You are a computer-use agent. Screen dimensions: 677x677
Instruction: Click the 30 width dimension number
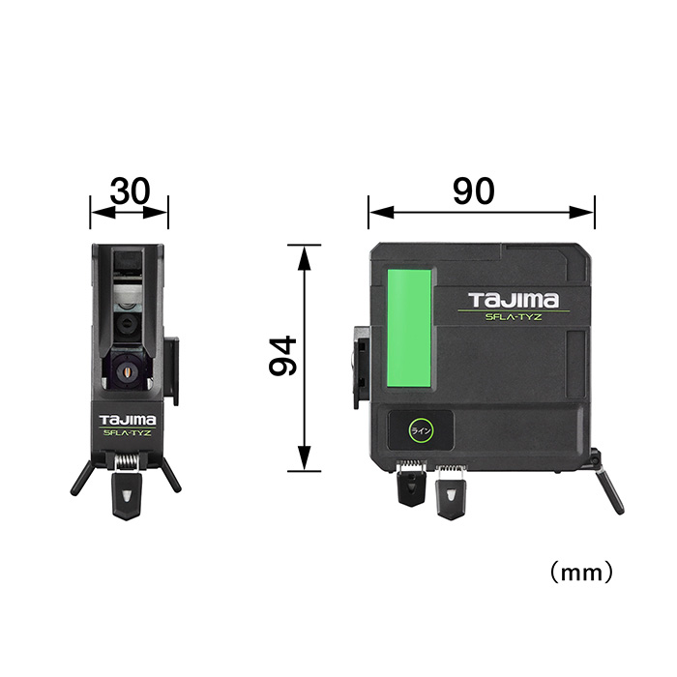[130, 191]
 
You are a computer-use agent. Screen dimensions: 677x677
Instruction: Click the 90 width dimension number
[474, 191]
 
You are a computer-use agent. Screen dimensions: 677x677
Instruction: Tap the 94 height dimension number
[282, 357]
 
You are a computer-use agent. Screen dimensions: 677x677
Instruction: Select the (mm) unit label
[581, 573]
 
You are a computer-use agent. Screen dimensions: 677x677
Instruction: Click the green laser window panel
[409, 329]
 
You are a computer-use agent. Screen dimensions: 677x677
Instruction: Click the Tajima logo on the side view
[514, 300]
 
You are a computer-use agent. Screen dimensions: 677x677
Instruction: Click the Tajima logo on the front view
[128, 420]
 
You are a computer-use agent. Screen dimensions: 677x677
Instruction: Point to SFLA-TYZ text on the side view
[514, 317]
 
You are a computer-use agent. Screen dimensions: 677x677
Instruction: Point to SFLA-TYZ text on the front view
[128, 432]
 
